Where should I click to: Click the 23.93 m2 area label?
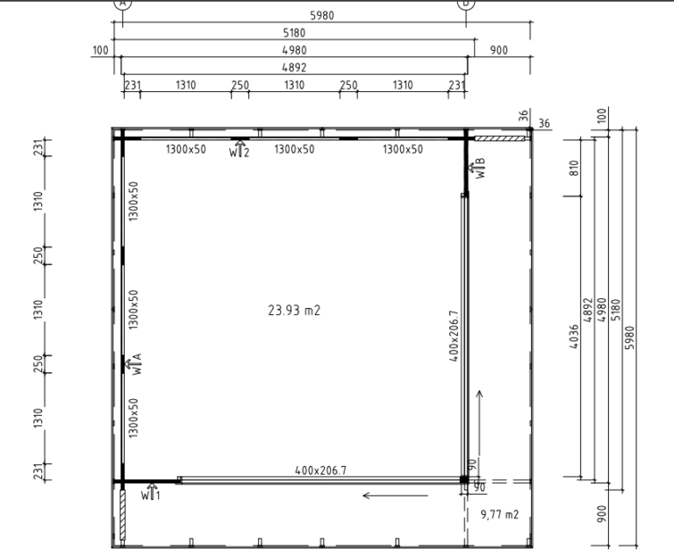coord(294,310)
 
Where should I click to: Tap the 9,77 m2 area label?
coord(499,515)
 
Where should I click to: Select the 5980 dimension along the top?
coord(322,16)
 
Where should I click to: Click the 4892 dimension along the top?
coord(294,68)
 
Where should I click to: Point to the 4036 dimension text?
coord(574,336)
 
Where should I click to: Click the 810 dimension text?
coord(574,168)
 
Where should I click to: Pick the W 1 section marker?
coord(151,492)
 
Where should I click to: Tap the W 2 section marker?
coord(239,149)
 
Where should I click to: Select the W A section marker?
coord(133,364)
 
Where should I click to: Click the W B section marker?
coord(477,168)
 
